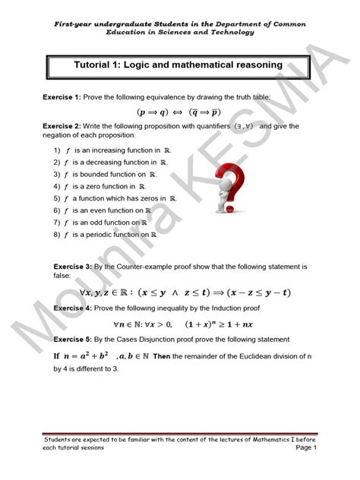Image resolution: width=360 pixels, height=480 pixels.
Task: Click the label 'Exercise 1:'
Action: pyautogui.click(x=61, y=99)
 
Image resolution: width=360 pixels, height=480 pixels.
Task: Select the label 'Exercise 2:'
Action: pyautogui.click(x=61, y=127)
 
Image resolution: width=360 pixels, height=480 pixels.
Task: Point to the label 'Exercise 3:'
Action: pyautogui.click(x=71, y=267)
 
